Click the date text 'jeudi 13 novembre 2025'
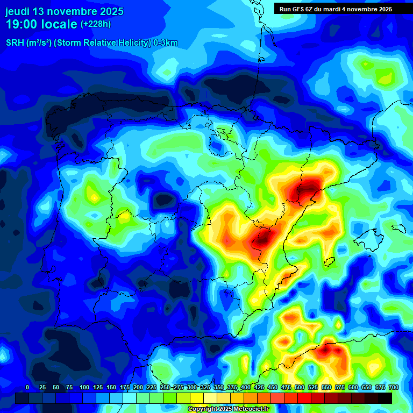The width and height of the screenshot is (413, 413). (x=64, y=11)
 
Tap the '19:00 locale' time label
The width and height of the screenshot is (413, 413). (x=41, y=25)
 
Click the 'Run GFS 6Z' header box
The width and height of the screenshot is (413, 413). (x=335, y=9)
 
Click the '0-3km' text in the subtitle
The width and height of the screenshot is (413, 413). (x=166, y=43)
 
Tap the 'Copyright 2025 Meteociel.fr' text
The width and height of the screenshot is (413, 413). (x=227, y=409)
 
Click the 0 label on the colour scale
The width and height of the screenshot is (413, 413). (x=27, y=387)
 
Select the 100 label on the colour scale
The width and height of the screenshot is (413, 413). (x=84, y=387)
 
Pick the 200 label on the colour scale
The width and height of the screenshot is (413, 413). (x=138, y=387)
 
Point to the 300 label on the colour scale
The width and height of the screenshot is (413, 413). (x=192, y=387)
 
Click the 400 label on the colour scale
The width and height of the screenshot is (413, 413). (x=246, y=387)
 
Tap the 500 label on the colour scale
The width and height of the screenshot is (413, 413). (x=300, y=387)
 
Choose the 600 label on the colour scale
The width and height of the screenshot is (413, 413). (x=353, y=387)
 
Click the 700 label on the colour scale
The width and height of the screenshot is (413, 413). (x=394, y=387)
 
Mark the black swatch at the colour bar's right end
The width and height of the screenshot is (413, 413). (x=385, y=398)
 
